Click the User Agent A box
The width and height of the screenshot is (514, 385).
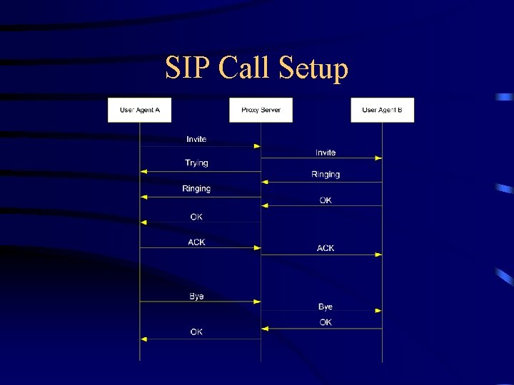(139, 110)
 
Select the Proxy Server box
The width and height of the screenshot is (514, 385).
(261, 110)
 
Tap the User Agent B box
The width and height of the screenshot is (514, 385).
(382, 110)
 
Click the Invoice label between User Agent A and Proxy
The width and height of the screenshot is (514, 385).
(196, 139)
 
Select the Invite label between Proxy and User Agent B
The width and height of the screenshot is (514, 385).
(326, 153)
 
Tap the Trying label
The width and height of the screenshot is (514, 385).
(196, 163)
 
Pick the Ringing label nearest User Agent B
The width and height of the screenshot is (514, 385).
(326, 175)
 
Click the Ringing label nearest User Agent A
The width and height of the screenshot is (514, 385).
(196, 189)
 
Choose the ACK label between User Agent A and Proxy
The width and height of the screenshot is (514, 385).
(196, 242)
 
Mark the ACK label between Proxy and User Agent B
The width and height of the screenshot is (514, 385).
(326, 248)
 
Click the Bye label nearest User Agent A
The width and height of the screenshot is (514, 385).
(196, 297)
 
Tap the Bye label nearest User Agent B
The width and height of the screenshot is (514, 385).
(326, 307)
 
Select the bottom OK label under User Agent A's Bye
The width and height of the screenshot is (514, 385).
(196, 332)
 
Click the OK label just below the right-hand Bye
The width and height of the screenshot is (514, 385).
(326, 323)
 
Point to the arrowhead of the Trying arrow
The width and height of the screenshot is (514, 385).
(143, 172)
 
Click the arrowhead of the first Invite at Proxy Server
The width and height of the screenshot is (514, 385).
(257, 146)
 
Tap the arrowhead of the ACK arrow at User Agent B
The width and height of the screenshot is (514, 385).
(378, 255)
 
